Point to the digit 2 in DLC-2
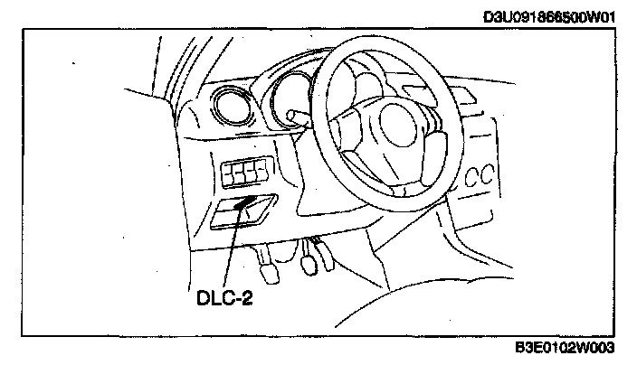[x=246, y=295]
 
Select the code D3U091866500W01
[x=549, y=15]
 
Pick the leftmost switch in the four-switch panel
[x=227, y=169]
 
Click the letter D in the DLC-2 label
[x=202, y=295]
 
